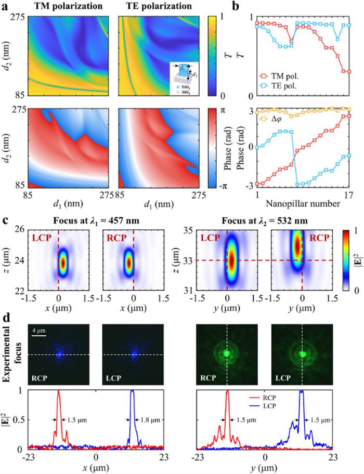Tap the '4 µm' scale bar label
coord(41,330)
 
